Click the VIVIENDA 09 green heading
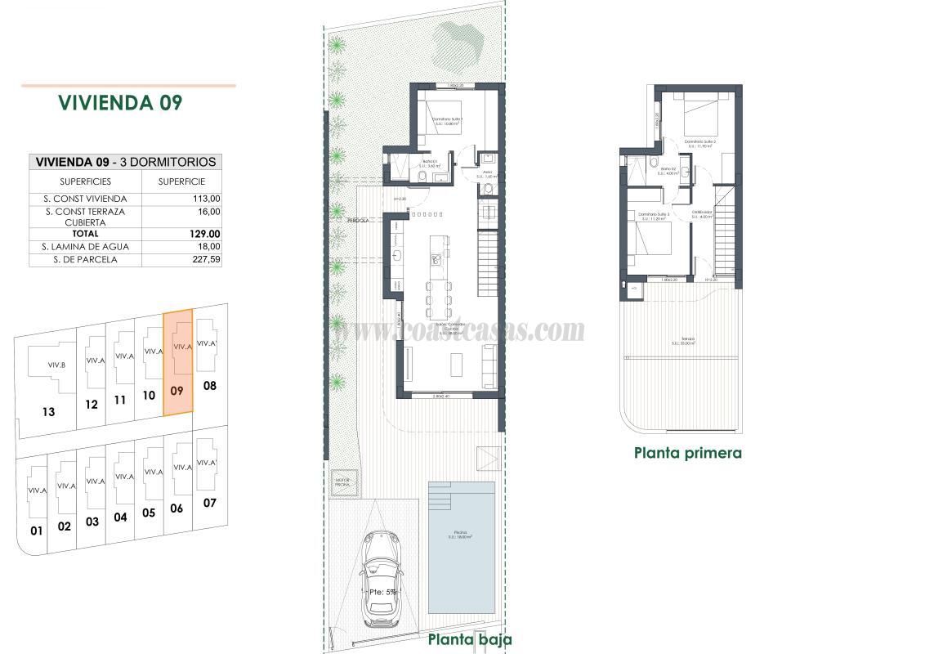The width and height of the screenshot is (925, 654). [120, 103]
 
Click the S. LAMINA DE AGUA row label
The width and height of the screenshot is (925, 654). [86, 246]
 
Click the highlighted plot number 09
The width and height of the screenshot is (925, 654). [177, 391]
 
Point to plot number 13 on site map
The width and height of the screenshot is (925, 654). [48, 411]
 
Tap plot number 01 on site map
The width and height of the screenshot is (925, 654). [36, 531]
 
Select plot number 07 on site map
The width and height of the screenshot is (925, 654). [210, 503]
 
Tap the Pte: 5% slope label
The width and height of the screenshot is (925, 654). [382, 592]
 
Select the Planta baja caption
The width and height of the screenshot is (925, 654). [470, 639]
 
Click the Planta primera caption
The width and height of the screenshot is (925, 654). [688, 452]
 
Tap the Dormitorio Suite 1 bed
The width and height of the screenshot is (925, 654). [445, 114]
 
